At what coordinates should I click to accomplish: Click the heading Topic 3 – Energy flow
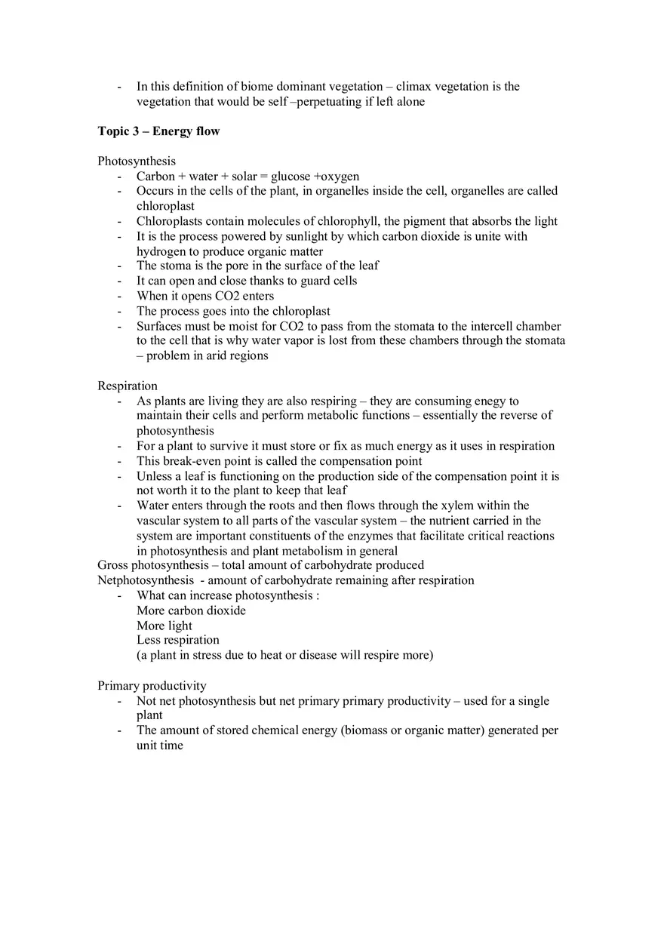point(158,131)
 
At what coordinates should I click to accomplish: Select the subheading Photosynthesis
point(137,161)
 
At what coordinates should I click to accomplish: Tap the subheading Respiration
point(128,386)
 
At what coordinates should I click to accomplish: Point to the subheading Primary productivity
point(152,686)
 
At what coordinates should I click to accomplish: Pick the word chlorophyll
point(350,221)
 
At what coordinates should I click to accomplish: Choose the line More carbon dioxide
point(191,610)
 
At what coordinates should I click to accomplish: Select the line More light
point(164,626)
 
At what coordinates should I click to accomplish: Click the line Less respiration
point(177,640)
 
